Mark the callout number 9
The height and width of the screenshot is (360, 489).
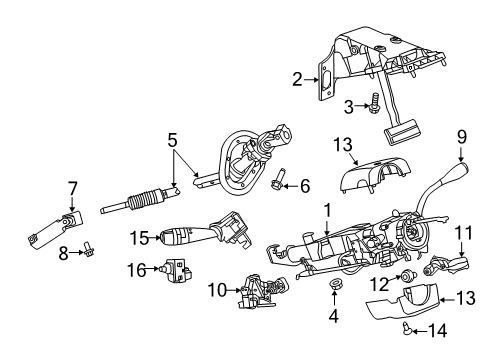click(462, 135)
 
